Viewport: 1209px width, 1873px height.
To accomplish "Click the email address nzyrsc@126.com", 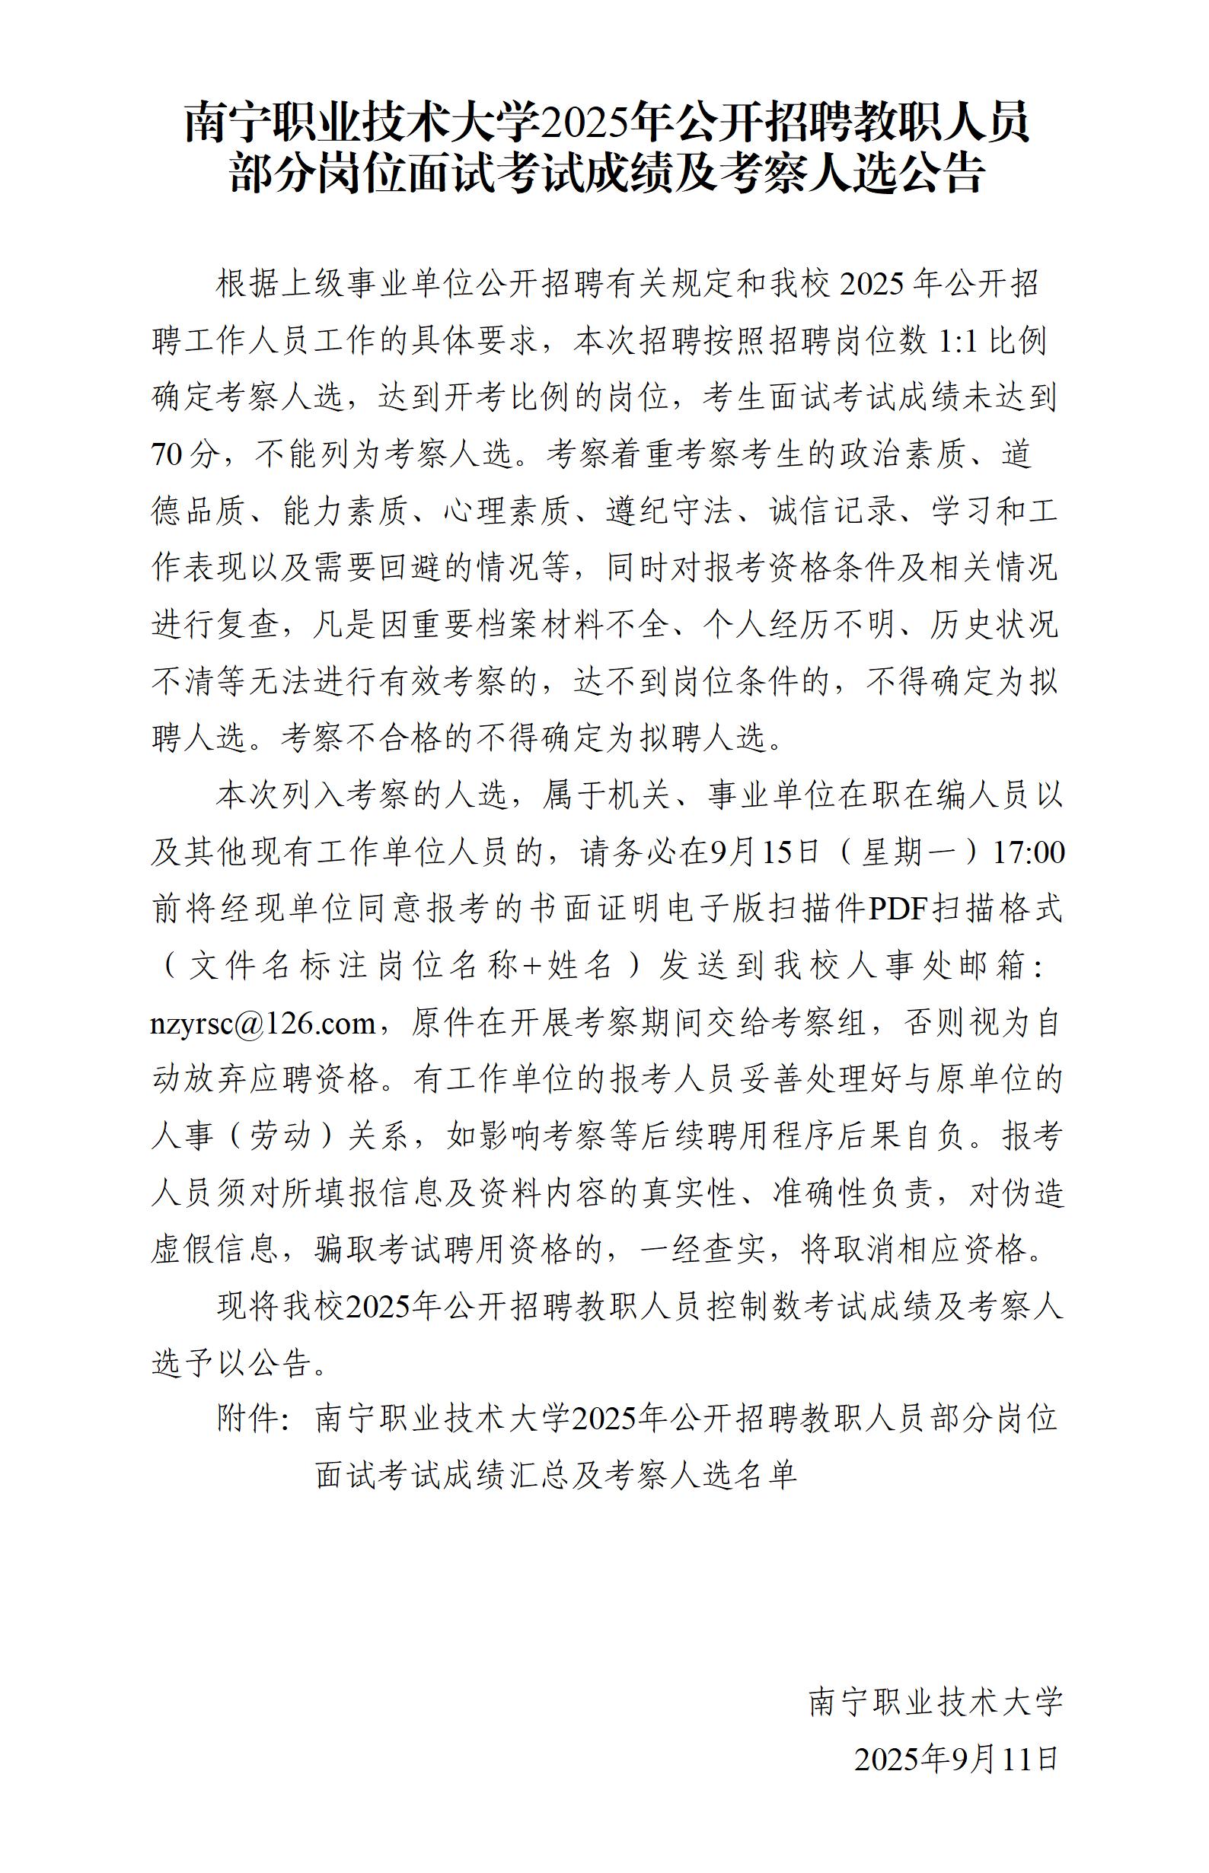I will tap(263, 1024).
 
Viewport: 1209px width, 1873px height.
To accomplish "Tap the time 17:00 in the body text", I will tap(1029, 853).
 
